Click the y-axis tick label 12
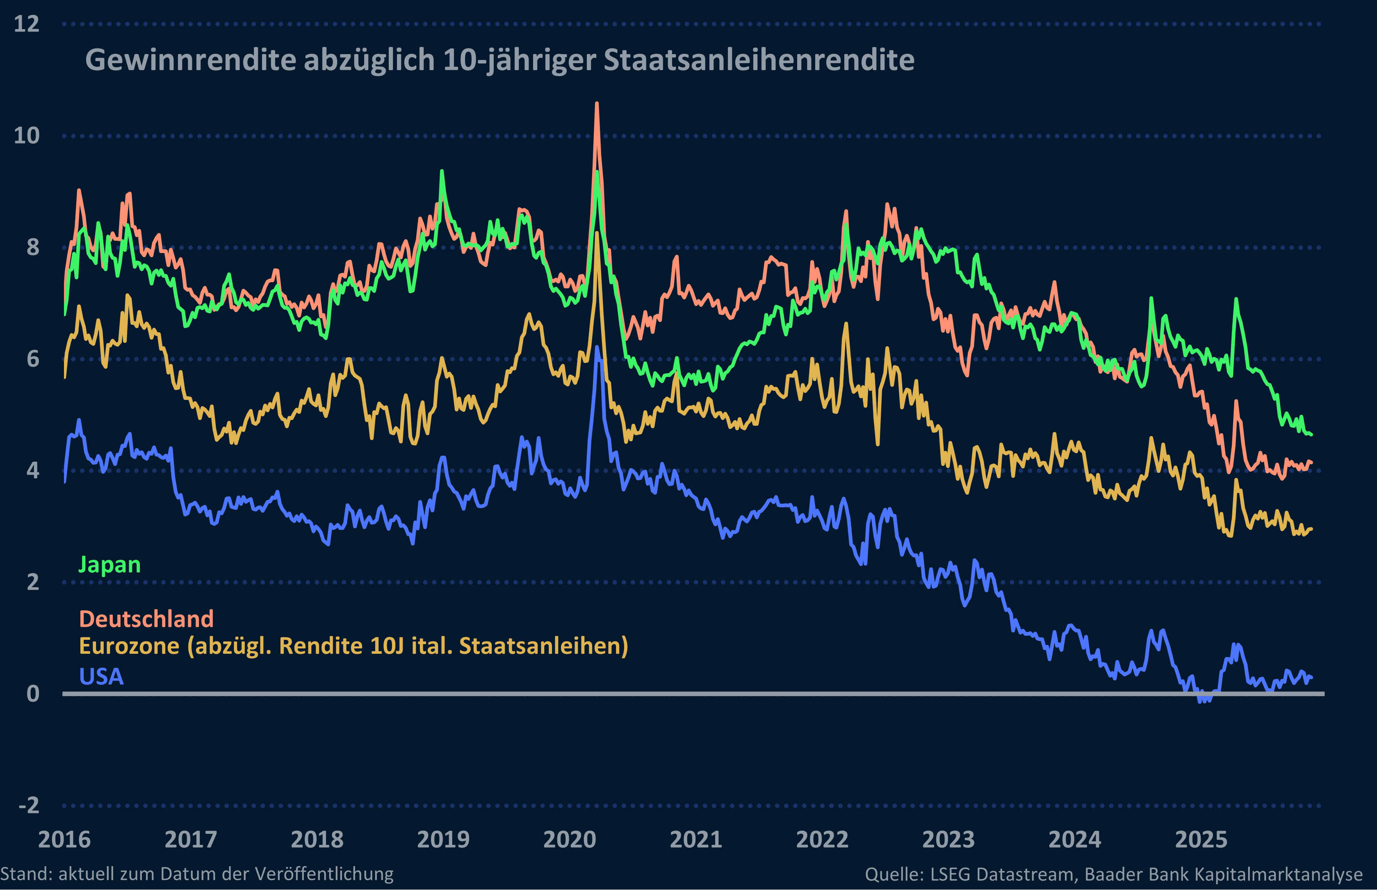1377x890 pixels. [27, 24]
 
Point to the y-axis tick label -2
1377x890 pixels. [29, 805]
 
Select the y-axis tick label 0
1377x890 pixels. [33, 694]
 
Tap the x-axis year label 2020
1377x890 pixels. [569, 840]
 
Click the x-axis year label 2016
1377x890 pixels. [64, 840]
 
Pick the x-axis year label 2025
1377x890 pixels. [1201, 840]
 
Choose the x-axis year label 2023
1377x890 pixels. [948, 840]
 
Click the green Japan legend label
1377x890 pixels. [109, 565]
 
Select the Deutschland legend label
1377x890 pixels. [146, 619]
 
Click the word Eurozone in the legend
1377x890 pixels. [129, 646]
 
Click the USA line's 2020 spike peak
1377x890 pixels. [597, 347]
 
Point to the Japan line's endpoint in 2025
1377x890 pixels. [1311, 435]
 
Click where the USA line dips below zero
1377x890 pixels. [1204, 699]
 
